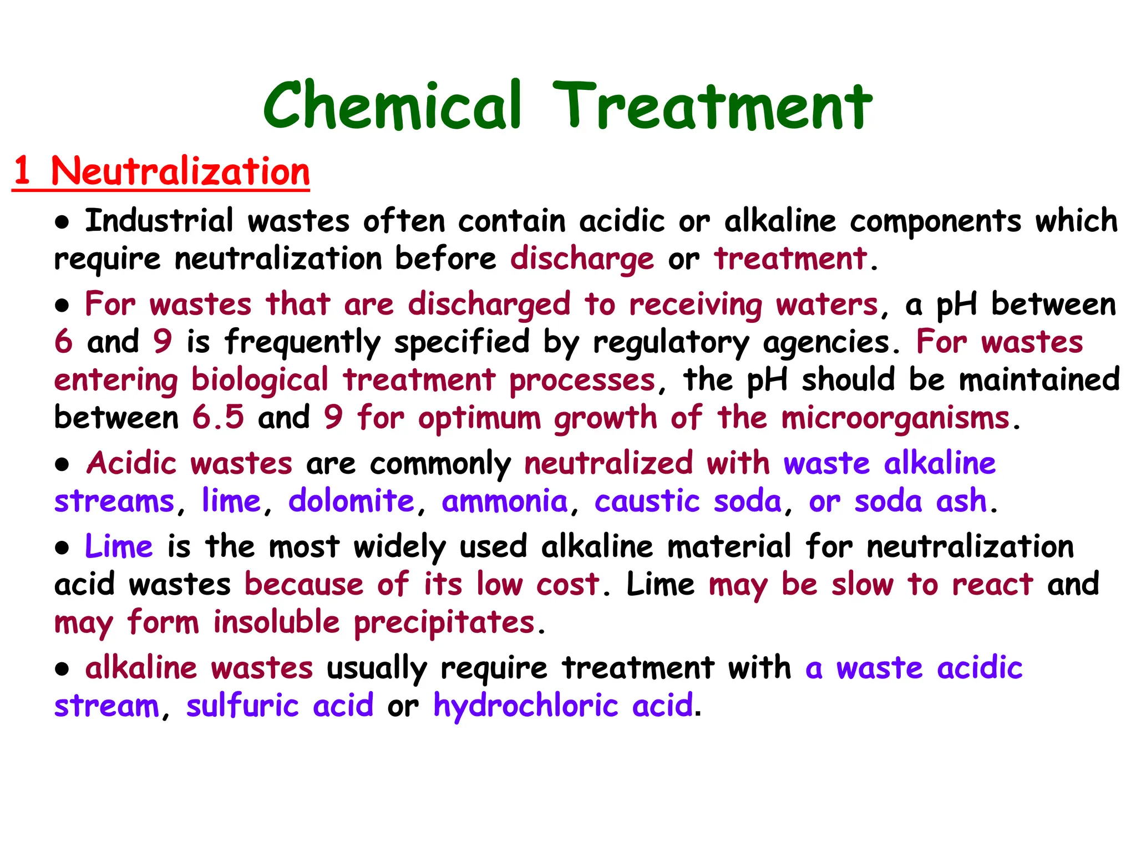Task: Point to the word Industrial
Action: (x=159, y=221)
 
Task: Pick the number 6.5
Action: (x=218, y=417)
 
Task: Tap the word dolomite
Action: (x=352, y=501)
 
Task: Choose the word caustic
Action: (x=647, y=501)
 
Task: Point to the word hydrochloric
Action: (x=526, y=706)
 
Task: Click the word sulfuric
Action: (x=242, y=706)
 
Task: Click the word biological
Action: (x=260, y=381)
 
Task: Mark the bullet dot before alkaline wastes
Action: (x=62, y=670)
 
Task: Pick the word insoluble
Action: (x=276, y=622)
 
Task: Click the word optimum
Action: (x=480, y=419)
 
